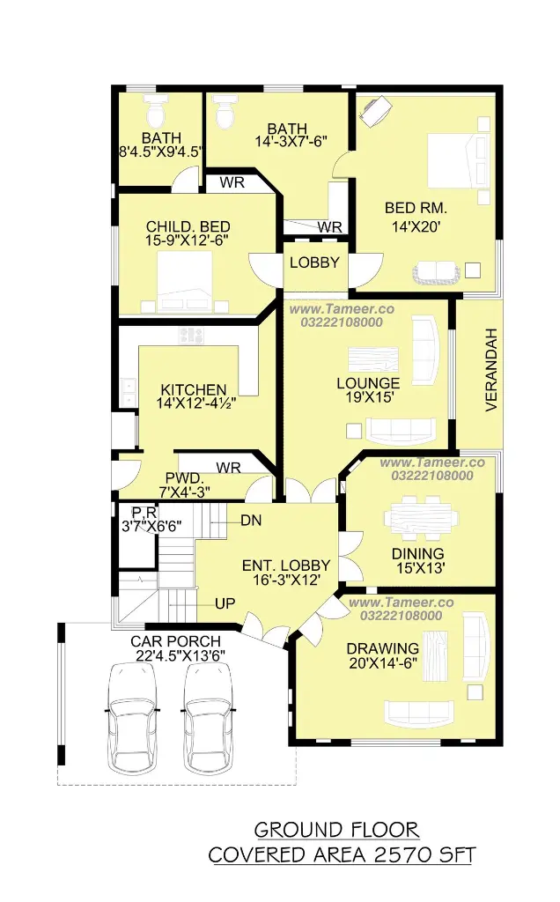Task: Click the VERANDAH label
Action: pos(491,369)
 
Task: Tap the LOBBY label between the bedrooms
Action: pos(314,262)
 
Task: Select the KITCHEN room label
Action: pos(194,389)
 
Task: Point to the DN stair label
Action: pos(251,521)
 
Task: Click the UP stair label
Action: pos(225,603)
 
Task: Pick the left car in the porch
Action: pos(133,719)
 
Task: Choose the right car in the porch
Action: pos(207,719)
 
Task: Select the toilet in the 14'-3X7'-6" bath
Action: pos(225,112)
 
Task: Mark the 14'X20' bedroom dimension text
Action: pos(416,226)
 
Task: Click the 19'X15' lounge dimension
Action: pos(369,397)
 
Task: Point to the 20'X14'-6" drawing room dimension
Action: pos(383,663)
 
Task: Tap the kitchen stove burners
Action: pos(190,335)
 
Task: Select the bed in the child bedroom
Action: pos(185,282)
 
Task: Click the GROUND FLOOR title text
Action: pos(337,830)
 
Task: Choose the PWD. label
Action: pos(185,478)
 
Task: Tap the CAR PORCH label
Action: pos(176,641)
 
